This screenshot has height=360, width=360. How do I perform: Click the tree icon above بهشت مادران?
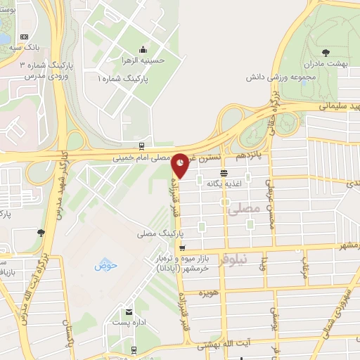pyautogui.click(x=325, y=52)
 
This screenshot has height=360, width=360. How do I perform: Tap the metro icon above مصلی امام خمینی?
pyautogui.click(x=143, y=147)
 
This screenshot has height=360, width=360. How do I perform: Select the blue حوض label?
pyautogui.click(x=105, y=265)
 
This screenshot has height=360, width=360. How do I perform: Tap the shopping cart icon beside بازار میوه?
pyautogui.click(x=182, y=247)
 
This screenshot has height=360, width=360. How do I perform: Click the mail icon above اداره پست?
pyautogui.click(x=127, y=311)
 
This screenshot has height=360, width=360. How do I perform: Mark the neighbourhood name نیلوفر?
pyautogui.click(x=233, y=259)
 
